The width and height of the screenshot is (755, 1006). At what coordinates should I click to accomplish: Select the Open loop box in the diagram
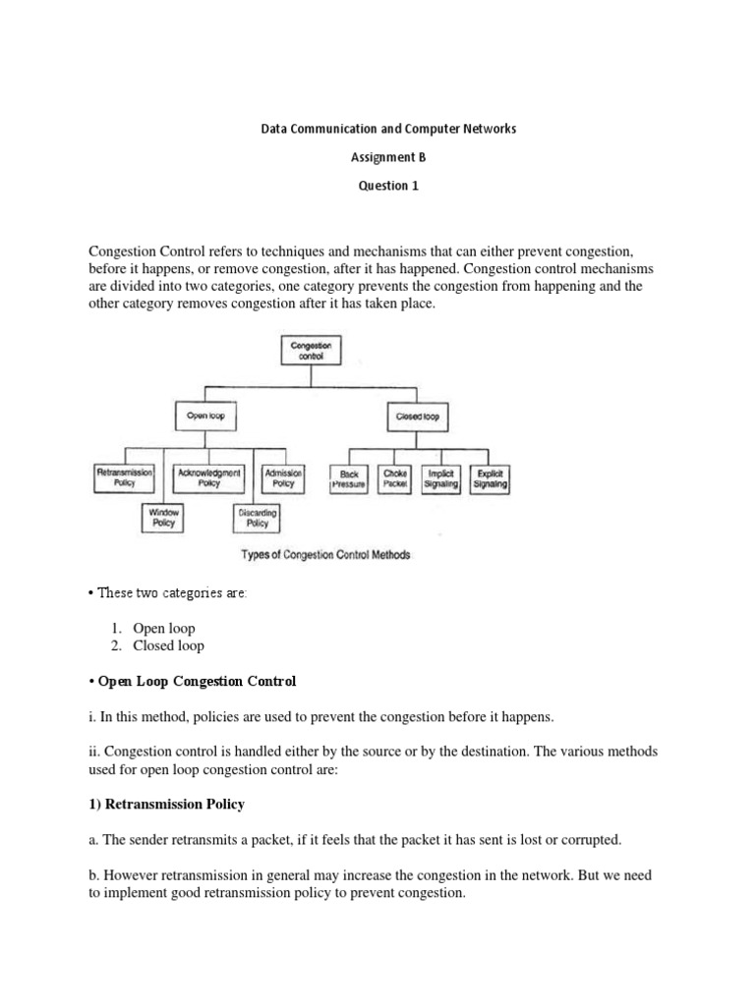pos(205,417)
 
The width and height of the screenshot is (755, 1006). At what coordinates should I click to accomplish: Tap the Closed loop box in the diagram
pos(418,417)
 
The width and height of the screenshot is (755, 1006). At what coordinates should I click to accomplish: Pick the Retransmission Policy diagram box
pos(125,478)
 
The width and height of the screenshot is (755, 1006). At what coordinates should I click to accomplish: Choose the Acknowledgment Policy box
pos(208,478)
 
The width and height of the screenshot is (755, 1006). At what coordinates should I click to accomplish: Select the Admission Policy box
pos(283,478)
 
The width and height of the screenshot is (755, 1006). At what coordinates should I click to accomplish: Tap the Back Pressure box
pos(349,479)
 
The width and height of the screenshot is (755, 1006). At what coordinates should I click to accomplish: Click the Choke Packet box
pos(395,479)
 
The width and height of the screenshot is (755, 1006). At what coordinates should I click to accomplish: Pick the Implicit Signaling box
pos(441,479)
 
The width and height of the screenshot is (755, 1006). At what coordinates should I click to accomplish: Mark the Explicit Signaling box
pos(489,479)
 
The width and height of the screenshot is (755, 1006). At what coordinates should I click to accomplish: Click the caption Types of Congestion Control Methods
pos(325,555)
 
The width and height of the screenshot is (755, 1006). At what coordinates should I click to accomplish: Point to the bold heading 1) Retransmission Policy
pos(168,805)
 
